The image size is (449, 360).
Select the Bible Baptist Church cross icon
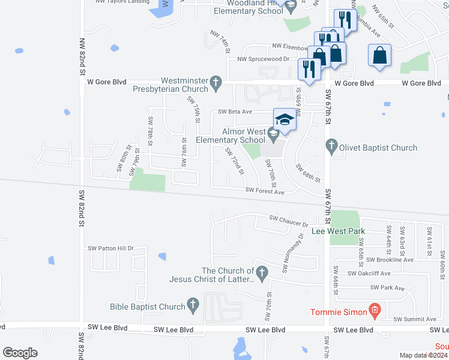click(x=193, y=307)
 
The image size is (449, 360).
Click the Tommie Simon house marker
click(x=375, y=311)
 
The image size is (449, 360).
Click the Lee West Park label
click(x=339, y=230)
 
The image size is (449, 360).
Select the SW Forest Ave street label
click(x=265, y=191)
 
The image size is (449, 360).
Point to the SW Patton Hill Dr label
click(x=110, y=248)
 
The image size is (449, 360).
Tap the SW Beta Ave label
click(x=235, y=112)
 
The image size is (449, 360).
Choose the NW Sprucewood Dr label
click(x=264, y=59)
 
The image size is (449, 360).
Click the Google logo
click(x=20, y=353)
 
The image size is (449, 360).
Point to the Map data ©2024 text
click(x=423, y=355)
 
